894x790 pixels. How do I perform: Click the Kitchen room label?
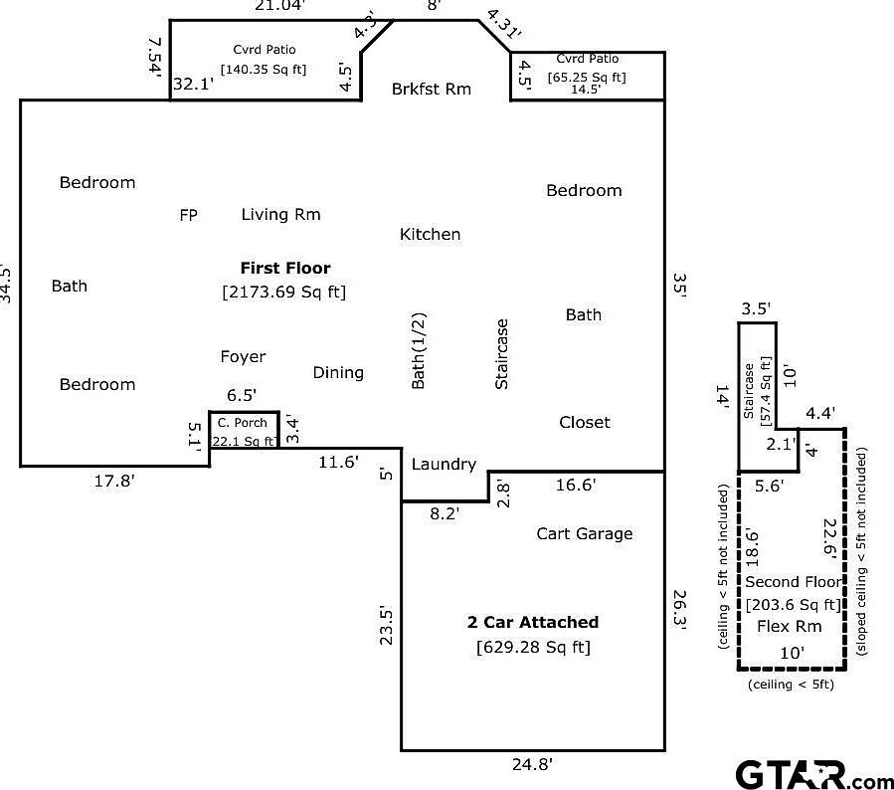point(430,234)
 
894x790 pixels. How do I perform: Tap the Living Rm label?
point(280,215)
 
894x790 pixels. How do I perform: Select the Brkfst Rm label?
point(431,89)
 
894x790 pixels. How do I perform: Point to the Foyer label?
point(243,357)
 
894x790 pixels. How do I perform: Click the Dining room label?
point(338,373)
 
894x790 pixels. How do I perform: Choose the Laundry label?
point(444,465)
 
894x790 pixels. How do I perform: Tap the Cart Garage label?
point(585,534)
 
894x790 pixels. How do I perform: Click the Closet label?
point(585,422)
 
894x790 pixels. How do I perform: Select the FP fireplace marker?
point(188,215)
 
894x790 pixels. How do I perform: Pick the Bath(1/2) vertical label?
point(418,351)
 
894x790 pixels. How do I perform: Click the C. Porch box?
point(244,430)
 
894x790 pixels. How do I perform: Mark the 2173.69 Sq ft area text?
point(284,293)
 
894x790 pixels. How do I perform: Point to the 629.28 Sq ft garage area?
point(533,648)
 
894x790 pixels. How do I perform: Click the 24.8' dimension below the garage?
point(532,764)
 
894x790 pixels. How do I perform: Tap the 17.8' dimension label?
point(114,481)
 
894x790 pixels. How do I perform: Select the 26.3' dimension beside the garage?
point(679,609)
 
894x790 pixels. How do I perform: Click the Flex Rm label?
point(790,626)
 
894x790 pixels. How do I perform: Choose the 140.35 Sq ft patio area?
point(264,70)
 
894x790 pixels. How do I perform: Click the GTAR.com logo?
point(814,775)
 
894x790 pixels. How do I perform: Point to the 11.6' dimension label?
point(339,462)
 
